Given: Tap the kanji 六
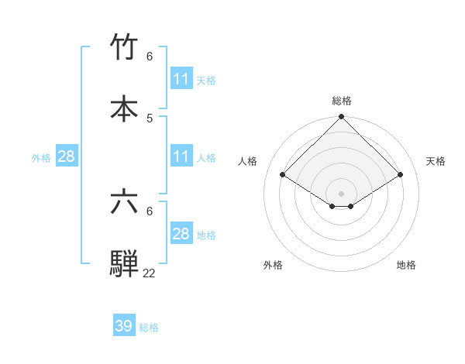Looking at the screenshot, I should [124, 202].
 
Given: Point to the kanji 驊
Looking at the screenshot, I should [124, 263].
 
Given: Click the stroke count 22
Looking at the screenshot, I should [149, 273].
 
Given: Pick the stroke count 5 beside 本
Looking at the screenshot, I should [150, 118].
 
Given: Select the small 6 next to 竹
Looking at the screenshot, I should [150, 57].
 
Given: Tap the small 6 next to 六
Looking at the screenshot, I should [150, 211].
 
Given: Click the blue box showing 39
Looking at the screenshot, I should [124, 326].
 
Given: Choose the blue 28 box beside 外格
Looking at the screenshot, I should [66, 156].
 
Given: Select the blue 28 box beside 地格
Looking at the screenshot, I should [181, 234].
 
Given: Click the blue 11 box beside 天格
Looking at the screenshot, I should [181, 79].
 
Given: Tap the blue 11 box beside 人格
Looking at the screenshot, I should [181, 156].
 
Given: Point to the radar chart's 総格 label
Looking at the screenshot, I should [341, 101].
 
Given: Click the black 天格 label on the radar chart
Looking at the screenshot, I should [436, 161].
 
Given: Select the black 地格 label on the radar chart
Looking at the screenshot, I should [406, 265].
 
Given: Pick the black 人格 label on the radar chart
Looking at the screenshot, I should [248, 161].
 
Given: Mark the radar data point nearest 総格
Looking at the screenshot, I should [341, 118].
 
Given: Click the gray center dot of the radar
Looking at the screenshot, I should [341, 192].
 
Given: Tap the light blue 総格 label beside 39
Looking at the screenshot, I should [149, 328].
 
